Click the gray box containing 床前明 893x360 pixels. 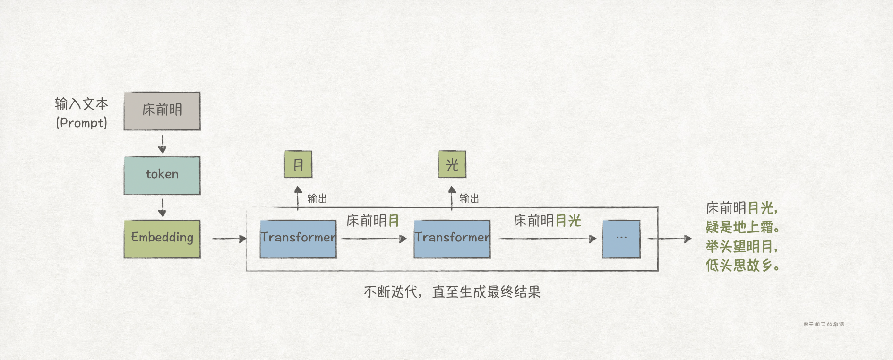(162, 111)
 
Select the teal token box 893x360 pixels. (162, 175)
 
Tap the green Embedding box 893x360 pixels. (162, 239)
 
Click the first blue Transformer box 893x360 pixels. (298, 239)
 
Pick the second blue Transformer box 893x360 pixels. (452, 239)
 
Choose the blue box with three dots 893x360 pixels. (621, 239)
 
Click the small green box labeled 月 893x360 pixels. (298, 164)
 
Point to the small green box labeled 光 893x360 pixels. (452, 164)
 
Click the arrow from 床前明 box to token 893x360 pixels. (162, 144)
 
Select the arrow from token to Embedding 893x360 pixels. (162, 207)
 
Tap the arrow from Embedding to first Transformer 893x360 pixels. (229, 239)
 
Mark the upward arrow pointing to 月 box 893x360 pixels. (298, 197)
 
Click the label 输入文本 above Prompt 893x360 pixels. (82, 103)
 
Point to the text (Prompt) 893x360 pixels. (82, 123)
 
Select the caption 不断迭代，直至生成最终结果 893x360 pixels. (452, 292)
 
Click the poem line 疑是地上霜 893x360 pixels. (742, 227)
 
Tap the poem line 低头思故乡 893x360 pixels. (742, 265)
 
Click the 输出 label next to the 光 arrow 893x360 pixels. (469, 198)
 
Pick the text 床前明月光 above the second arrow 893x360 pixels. (547, 221)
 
